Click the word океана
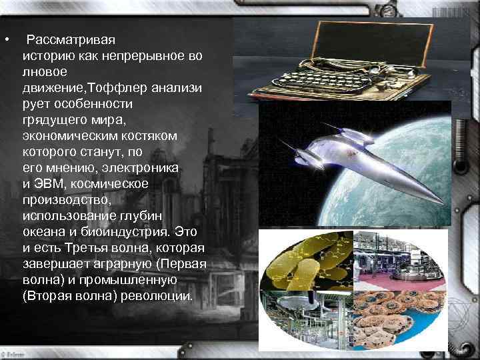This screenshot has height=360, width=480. [45, 231]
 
